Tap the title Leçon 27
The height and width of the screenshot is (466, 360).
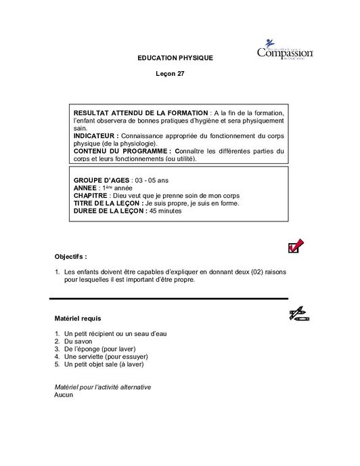tap(169, 74)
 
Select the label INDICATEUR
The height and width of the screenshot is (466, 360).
tap(96, 135)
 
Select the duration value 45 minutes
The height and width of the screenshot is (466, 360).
tap(165, 211)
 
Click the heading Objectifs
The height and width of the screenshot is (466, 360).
tap(70, 257)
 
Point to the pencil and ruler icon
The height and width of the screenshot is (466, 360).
tap(298, 313)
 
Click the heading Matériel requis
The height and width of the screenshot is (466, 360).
tap(78, 318)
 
